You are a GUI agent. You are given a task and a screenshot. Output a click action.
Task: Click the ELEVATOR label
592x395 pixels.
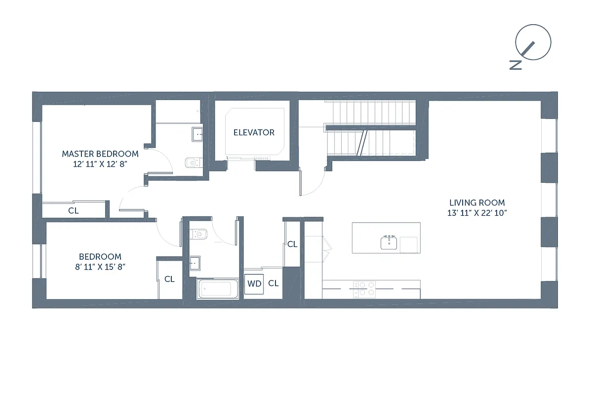pos(254,132)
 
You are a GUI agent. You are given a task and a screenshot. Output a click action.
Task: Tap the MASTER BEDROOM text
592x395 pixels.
pos(100,154)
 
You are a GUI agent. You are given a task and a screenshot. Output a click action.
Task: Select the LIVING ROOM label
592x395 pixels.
pos(477,202)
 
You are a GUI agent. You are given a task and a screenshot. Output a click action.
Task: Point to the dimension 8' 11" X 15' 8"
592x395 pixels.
pos(100,267)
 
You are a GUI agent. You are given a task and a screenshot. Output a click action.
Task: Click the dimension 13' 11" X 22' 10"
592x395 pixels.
pos(477,213)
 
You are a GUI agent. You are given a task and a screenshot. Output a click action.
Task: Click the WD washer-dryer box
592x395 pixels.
pos(254,284)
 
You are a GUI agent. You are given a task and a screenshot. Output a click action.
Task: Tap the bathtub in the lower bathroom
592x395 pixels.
pos(218,289)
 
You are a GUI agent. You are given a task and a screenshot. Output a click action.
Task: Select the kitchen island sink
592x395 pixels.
pos(389,242)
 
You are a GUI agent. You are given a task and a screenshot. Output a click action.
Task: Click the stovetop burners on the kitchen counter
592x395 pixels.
pos(364,288)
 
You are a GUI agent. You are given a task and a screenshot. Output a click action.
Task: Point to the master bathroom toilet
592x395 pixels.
pos(193,162)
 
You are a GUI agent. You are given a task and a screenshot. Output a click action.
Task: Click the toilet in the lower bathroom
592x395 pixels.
pos(199,233)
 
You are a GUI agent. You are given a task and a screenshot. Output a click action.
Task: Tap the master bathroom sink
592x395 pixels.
pos(197,133)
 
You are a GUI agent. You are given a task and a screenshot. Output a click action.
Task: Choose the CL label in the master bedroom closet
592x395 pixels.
pos(74,210)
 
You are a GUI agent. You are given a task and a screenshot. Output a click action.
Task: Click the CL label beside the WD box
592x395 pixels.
pos(274,283)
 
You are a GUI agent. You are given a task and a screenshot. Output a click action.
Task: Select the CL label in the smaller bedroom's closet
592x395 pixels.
pos(169,279)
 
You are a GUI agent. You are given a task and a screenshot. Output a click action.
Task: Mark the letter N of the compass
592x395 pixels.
pos(515,65)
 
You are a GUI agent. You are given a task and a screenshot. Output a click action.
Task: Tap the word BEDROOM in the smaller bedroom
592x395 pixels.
pos(100,257)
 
